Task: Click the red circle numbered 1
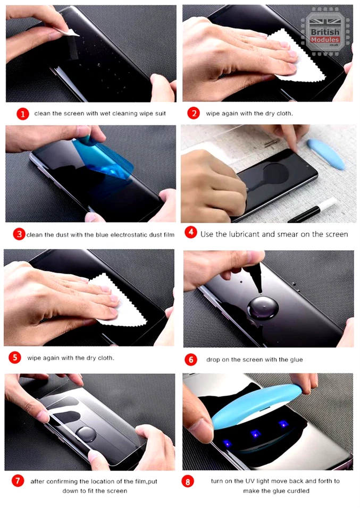22,114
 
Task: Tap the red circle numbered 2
194,113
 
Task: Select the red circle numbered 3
19,234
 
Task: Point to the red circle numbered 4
191,233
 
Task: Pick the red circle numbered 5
16,358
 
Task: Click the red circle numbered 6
191,359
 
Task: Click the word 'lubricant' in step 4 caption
246,234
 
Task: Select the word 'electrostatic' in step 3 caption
118,234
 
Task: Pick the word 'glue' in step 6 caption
295,360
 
